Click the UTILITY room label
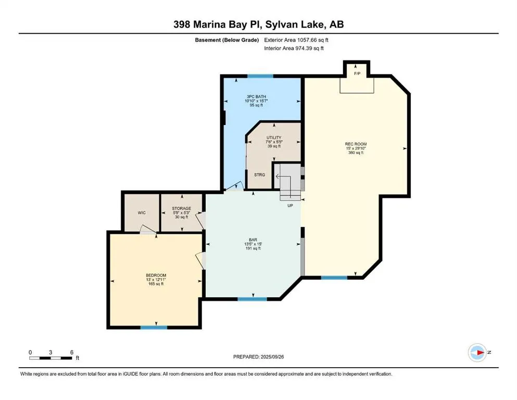pos(273,137)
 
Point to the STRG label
pos(259,174)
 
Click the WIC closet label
pos(141,213)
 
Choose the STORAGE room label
pos(182,208)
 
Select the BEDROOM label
pos(156,275)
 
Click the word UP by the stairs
pos(291,206)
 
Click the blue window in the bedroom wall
pos(154,327)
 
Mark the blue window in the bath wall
pos(260,77)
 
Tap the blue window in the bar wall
pos(252,299)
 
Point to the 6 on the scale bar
pos(71,352)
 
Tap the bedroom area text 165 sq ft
pos(156,284)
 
